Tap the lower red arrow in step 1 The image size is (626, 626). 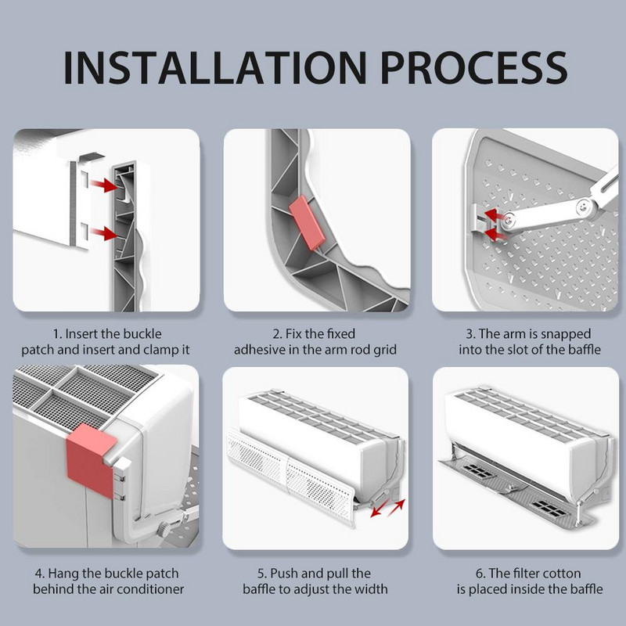click(x=103, y=233)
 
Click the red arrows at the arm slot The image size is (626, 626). click(x=492, y=222)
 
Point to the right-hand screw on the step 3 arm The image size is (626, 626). click(x=581, y=207)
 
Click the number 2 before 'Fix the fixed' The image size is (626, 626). click(x=276, y=332)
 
